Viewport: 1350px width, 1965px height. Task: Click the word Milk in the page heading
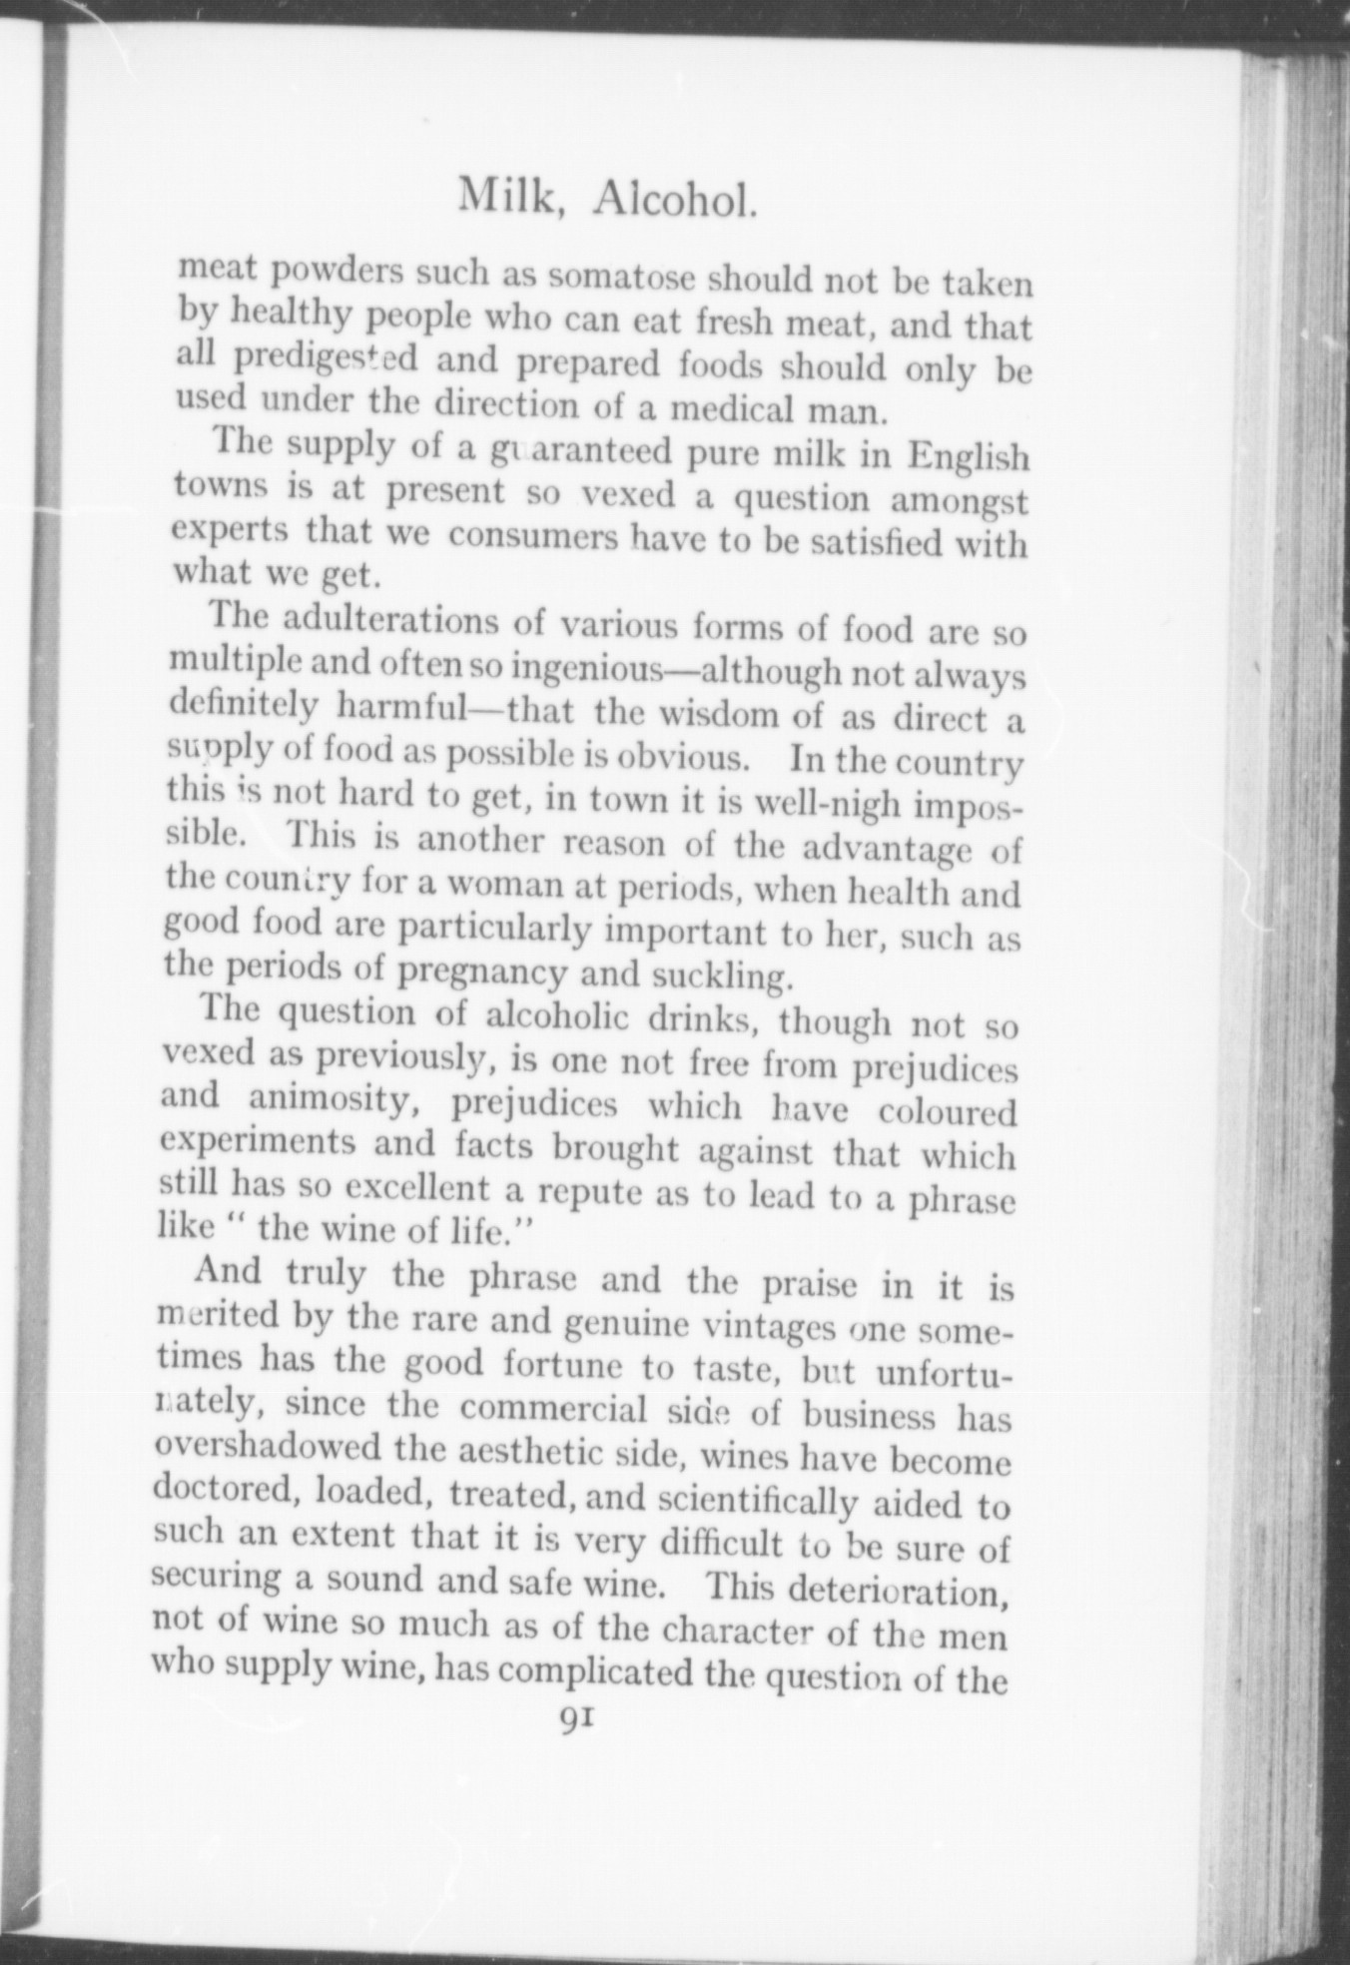(x=504, y=197)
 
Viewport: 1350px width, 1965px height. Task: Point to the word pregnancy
(x=483, y=973)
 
